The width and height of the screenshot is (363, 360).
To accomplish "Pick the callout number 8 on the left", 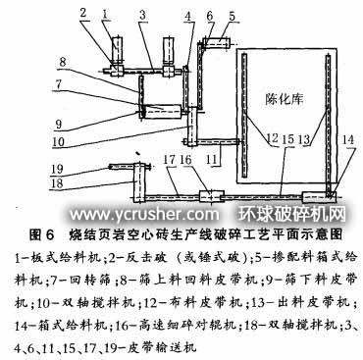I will click(61, 62).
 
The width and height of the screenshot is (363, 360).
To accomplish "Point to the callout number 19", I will click(32, 169).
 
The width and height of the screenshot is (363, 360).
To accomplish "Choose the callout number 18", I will click(32, 182).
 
